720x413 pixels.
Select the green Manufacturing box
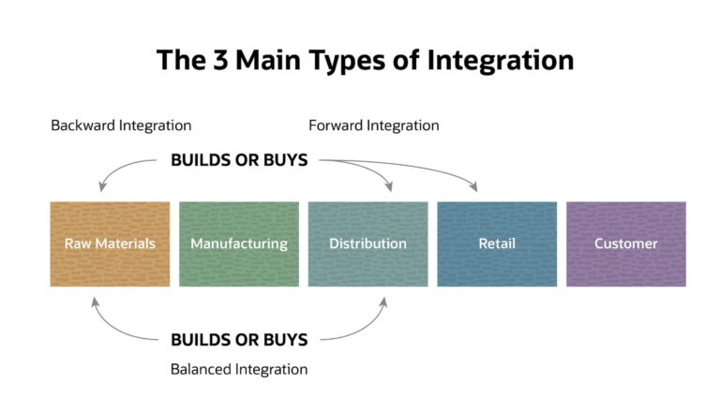point(239,243)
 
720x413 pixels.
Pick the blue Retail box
point(497,243)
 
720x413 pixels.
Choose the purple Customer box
point(625,243)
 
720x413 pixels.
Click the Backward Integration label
point(121,125)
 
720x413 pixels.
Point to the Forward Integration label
point(373,125)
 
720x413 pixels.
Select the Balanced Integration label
point(239,369)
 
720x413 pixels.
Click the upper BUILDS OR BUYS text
point(239,160)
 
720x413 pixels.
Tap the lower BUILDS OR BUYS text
point(239,339)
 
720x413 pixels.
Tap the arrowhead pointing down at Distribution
point(390,188)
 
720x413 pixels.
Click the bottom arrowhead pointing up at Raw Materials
point(94,300)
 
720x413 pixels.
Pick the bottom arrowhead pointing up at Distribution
point(383,300)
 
